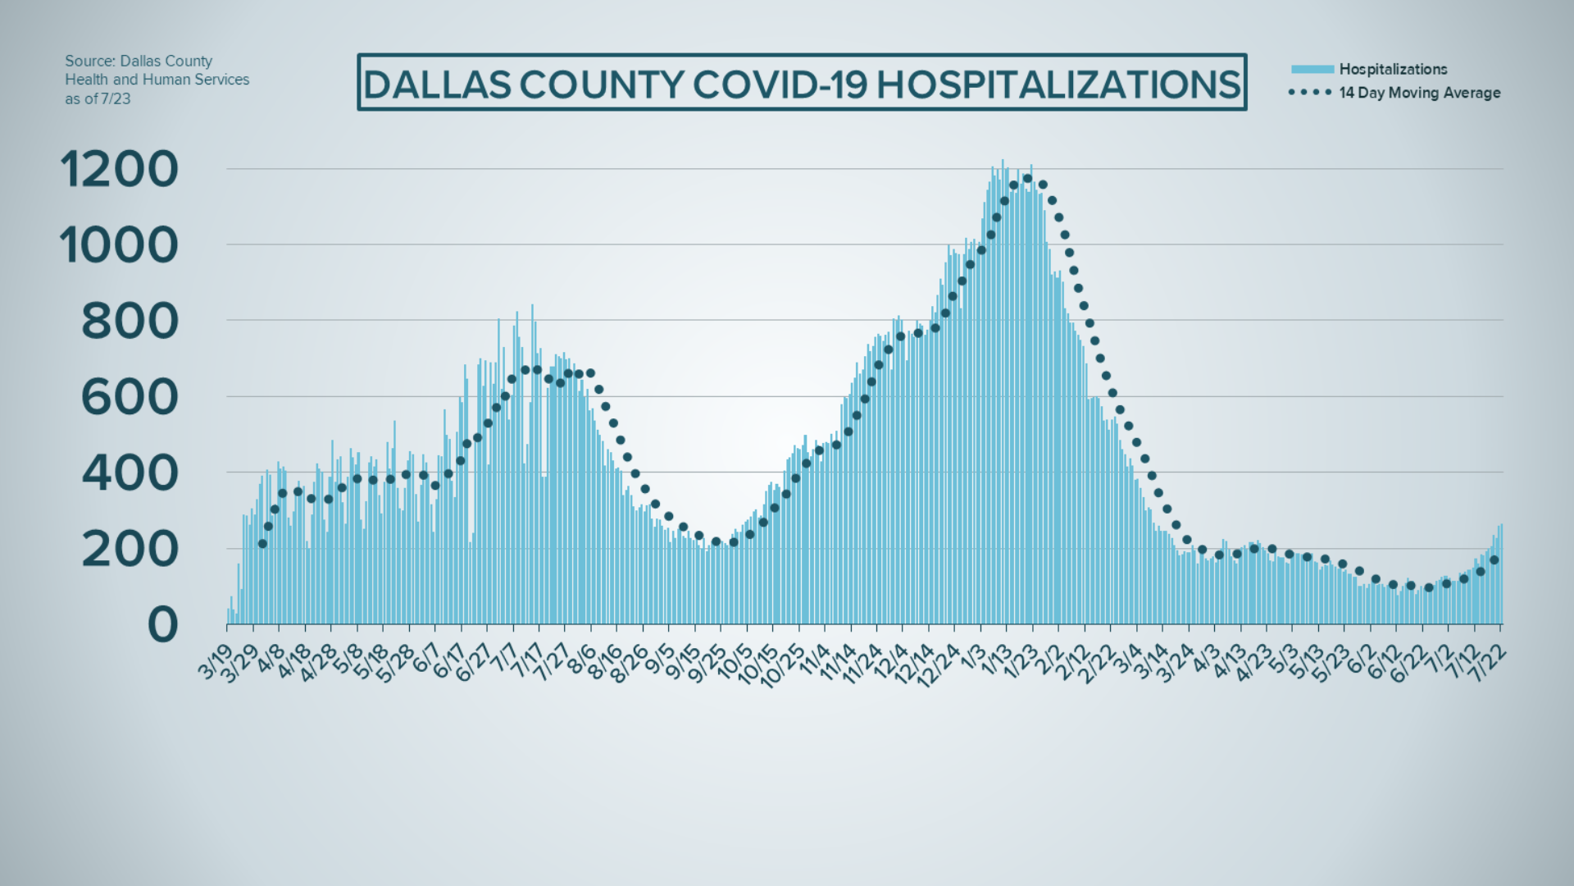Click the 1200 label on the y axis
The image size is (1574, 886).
[x=119, y=170]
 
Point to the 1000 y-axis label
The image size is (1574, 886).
[x=119, y=245]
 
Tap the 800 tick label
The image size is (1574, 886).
[x=130, y=322]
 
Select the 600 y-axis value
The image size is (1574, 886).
[x=130, y=397]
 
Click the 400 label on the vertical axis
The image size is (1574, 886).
[x=130, y=473]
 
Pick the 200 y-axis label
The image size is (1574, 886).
[x=130, y=549]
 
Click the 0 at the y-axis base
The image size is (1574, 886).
[x=162, y=625]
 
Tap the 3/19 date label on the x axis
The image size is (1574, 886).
[x=216, y=660]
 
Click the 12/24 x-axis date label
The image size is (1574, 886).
[x=939, y=664]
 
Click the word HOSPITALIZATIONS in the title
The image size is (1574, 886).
[x=1058, y=84]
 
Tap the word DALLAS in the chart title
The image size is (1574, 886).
[x=438, y=84]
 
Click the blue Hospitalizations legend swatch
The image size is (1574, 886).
[x=1312, y=70]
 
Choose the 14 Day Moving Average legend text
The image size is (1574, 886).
[x=1419, y=93]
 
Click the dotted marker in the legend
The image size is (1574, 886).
[x=1310, y=93]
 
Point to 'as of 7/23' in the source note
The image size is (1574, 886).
[x=98, y=99]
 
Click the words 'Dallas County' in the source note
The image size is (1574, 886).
[x=166, y=62]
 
